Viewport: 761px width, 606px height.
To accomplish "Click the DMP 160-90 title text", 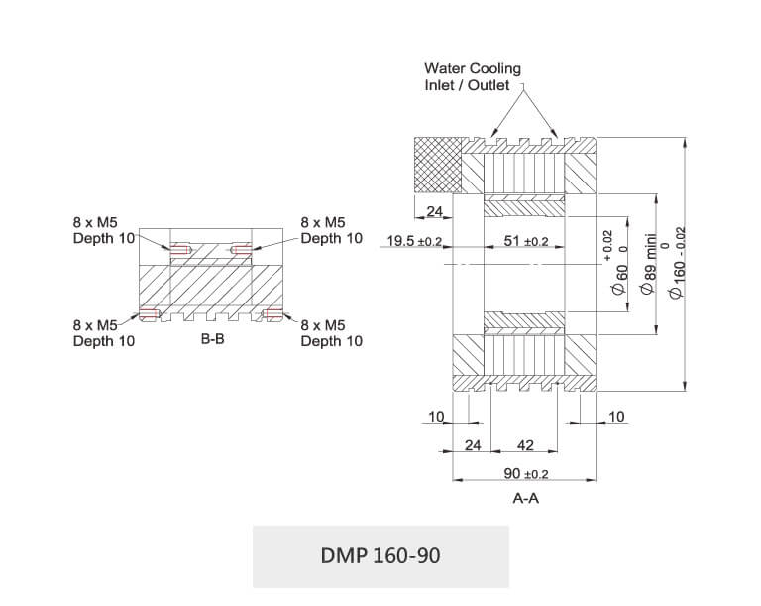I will click(x=380, y=555).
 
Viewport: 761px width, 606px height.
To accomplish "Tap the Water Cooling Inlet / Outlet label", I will click(x=472, y=77).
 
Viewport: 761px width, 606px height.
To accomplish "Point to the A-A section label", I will click(x=525, y=498).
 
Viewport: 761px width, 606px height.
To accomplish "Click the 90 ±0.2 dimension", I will click(x=525, y=473).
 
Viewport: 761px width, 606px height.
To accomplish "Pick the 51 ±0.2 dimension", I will click(x=526, y=241).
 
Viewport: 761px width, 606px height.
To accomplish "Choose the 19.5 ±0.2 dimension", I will click(x=414, y=241).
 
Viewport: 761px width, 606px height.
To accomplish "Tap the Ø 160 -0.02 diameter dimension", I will click(x=679, y=262).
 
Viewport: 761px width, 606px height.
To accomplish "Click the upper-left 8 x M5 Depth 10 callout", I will click(x=103, y=230).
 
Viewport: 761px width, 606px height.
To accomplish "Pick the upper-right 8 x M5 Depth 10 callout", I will click(x=331, y=230).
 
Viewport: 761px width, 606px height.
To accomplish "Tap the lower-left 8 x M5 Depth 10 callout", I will click(x=103, y=332).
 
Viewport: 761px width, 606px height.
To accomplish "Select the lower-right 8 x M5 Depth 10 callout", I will click(x=331, y=332).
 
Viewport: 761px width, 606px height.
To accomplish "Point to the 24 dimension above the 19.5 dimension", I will click(x=434, y=211).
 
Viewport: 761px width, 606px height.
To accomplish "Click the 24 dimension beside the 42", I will click(x=472, y=445).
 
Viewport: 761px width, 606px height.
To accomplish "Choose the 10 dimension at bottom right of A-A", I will click(x=616, y=417).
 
